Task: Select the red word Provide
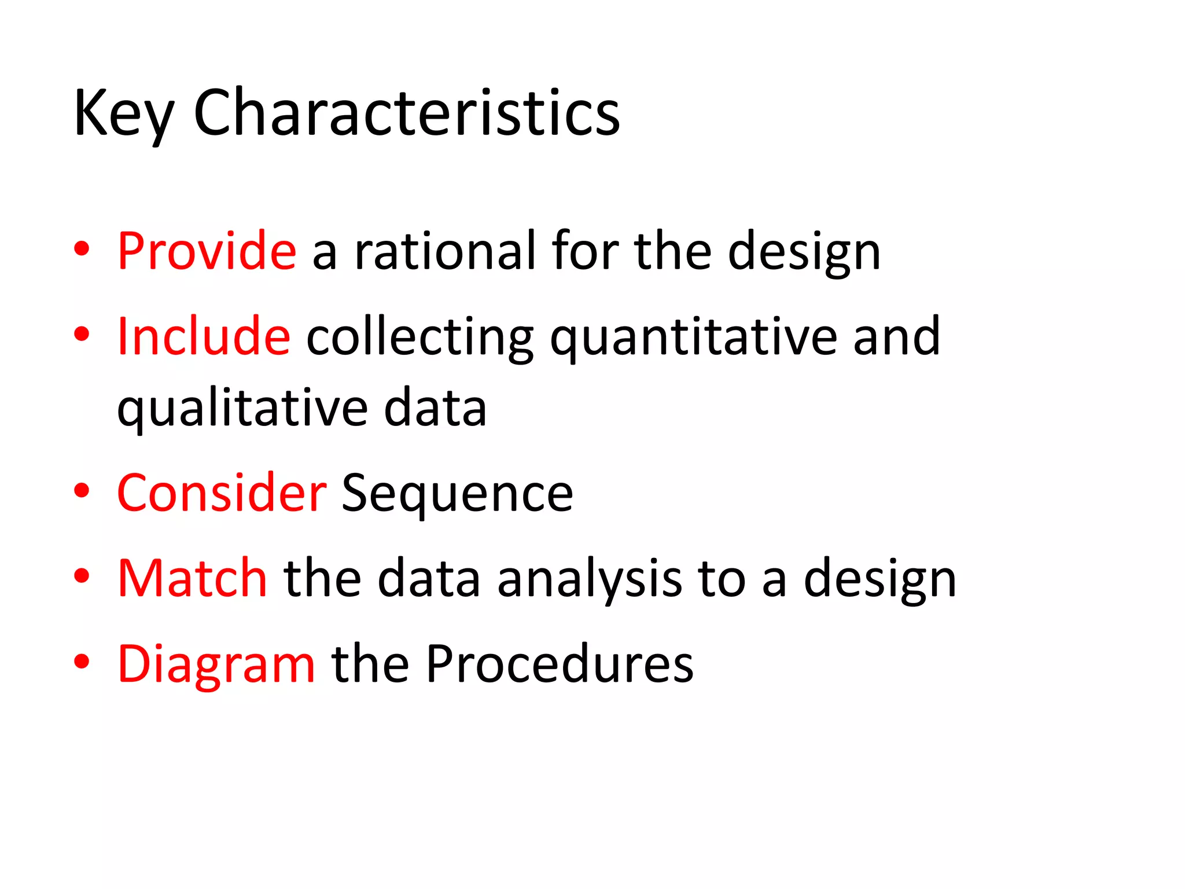tap(207, 251)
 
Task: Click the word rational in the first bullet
tap(445, 251)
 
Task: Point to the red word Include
tap(203, 336)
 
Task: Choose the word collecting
tap(419, 337)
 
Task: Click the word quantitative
tap(693, 337)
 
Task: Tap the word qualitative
tap(242, 409)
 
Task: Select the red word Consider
tap(222, 493)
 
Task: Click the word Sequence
tap(457, 494)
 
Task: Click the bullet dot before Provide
tap(82, 249)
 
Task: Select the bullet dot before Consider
tap(82, 491)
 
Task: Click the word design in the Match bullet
tap(879, 579)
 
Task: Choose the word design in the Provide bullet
tap(804, 252)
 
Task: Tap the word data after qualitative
tap(435, 409)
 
